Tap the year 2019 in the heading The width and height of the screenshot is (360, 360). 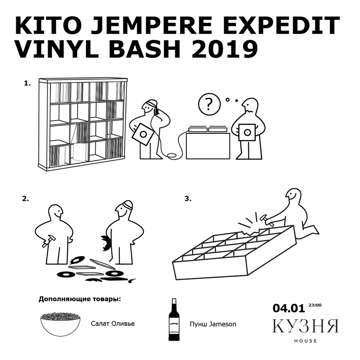[225, 49]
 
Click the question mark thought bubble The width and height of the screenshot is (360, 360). [209, 104]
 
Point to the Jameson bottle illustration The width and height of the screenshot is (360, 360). [174, 319]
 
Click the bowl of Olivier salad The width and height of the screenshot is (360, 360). [60, 324]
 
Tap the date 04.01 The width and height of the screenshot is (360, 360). [289, 308]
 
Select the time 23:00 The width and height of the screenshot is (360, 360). [315, 305]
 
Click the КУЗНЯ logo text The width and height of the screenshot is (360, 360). [306, 325]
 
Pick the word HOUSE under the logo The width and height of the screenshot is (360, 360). [306, 341]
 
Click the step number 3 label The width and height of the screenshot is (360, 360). [188, 199]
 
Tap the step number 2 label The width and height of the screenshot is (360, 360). [25, 199]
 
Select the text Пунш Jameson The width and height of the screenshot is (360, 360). [213, 324]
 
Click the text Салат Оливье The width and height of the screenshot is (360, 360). [113, 324]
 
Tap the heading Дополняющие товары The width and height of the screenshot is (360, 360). [79, 299]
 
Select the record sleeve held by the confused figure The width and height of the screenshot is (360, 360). [247, 132]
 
